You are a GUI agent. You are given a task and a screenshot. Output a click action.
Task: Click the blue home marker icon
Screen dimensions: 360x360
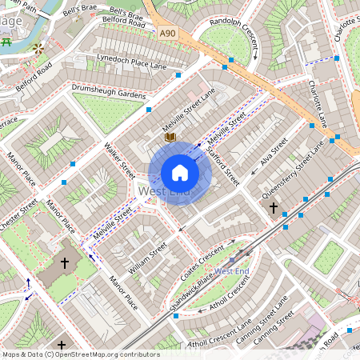click(180, 173)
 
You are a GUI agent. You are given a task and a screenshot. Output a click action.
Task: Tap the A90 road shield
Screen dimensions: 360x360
click(166, 33)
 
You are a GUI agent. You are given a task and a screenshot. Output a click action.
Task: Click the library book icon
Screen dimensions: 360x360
click(169, 138)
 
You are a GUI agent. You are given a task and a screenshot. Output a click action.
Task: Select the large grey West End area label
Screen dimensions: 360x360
click(164, 192)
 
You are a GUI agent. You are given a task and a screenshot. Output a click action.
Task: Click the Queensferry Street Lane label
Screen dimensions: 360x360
click(294, 171)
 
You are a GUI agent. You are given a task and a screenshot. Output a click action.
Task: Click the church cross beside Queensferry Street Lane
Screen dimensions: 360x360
click(273, 208)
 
